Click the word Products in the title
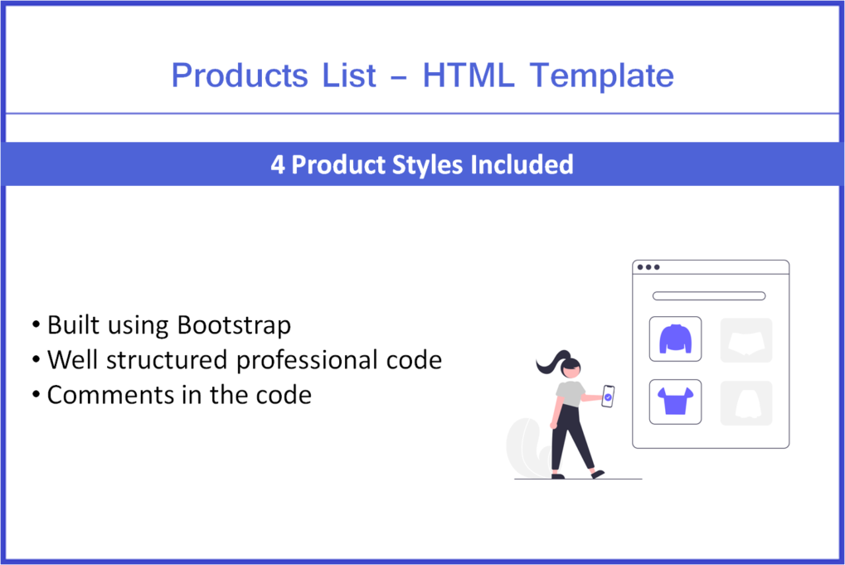pos(240,75)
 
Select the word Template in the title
pos(602,75)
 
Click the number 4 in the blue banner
pos(278,164)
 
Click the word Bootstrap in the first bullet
pos(234,324)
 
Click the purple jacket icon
pos(675,339)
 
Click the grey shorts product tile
pos(745,340)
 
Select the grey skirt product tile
pos(745,403)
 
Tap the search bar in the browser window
pos(709,296)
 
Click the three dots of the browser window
pos(648,267)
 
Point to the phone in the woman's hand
pos(608,396)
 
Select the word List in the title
pos(349,75)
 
